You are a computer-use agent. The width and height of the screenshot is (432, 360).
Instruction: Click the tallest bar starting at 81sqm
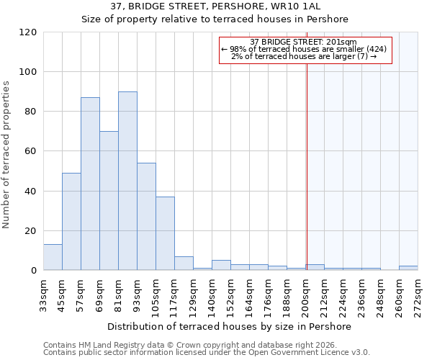point(127,181)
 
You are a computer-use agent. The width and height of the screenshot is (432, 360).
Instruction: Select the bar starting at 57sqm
point(90,184)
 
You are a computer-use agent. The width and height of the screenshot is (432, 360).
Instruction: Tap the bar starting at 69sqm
point(109,201)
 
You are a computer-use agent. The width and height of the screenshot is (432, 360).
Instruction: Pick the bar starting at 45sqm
point(71,222)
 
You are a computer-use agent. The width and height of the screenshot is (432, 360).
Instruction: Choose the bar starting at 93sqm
point(146,217)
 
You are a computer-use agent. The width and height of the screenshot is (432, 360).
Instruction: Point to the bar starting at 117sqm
point(184,264)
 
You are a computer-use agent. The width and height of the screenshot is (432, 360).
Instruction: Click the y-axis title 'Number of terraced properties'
point(6,155)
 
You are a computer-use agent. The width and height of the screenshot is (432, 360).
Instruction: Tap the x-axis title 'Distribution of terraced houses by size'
point(230,326)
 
